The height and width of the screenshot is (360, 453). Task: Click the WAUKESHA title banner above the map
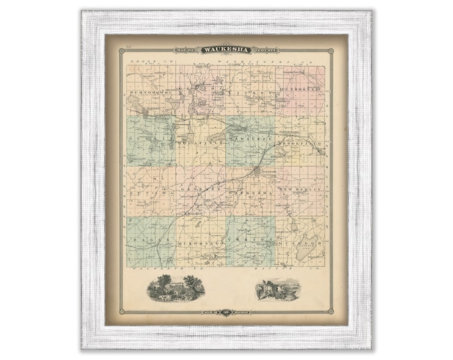click(x=226, y=49)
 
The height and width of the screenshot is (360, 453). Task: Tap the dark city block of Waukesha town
click(x=257, y=172)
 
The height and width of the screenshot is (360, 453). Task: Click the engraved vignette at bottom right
click(x=278, y=289)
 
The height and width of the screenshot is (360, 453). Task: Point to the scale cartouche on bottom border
click(x=226, y=311)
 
